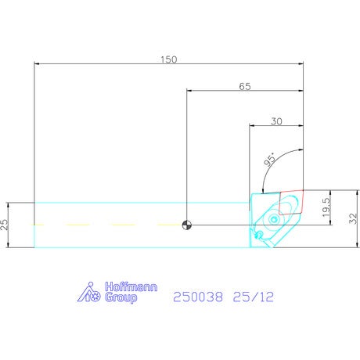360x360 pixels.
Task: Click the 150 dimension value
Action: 168,59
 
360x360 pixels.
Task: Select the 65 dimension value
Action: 245,86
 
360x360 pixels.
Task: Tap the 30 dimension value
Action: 276,121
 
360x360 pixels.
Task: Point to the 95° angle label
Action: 270,160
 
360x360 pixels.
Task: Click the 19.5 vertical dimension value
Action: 326,207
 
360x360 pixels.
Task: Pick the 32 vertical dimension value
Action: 353,218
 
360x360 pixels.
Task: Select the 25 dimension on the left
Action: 4,225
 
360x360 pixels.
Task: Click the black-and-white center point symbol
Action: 187,225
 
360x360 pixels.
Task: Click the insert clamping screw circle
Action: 274,219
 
